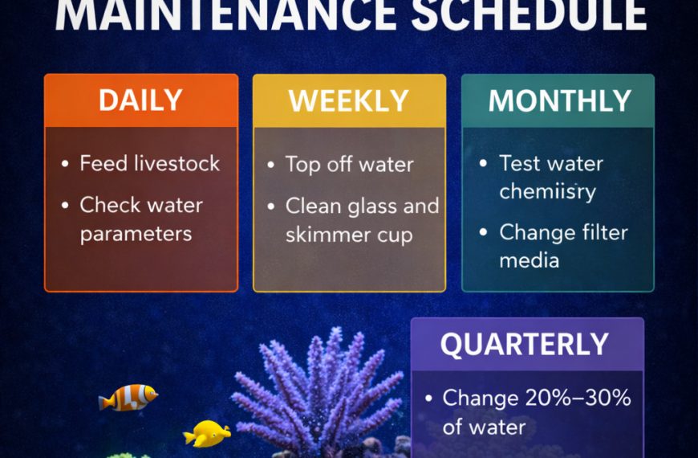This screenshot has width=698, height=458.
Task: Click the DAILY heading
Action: [140, 100]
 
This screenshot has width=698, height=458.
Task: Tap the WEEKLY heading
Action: [349, 100]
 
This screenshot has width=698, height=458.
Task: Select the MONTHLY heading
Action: [559, 100]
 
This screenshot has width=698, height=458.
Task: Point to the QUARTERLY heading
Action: [525, 344]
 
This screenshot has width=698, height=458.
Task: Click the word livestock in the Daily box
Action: [172, 164]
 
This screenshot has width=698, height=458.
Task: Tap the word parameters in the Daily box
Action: [136, 234]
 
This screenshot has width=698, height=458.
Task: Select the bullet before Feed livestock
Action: [65, 165]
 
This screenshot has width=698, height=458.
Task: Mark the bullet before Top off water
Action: [271, 166]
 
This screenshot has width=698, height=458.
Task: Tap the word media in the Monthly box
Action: [530, 260]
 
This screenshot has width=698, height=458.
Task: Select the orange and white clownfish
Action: [128, 397]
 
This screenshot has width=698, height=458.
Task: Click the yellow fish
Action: [207, 434]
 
